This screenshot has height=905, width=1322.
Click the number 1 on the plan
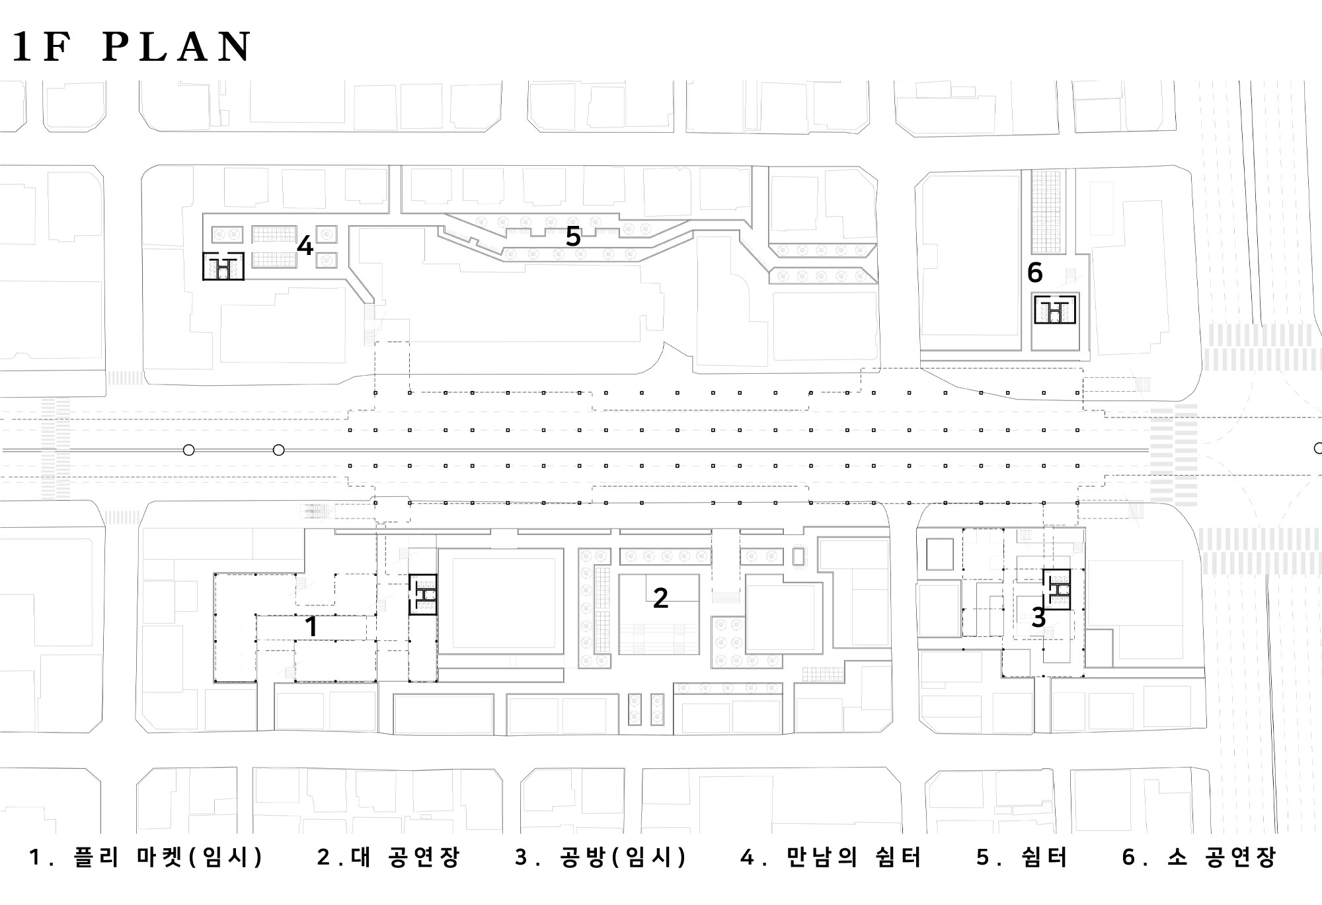[311, 627]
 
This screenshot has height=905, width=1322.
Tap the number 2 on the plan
[660, 598]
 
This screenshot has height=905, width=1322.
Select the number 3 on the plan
[1038, 618]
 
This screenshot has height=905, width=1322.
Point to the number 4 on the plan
[305, 246]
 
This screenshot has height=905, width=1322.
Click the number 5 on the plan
[573, 236]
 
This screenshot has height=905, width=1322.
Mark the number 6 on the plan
[1035, 272]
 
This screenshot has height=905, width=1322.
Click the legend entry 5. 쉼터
[1022, 857]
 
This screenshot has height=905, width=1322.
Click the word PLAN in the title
[177, 47]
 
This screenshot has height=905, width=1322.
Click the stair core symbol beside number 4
[223, 266]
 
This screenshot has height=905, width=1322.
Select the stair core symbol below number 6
[1055, 310]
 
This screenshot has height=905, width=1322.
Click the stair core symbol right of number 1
[422, 595]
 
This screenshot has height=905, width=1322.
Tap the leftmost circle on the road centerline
[188, 451]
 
